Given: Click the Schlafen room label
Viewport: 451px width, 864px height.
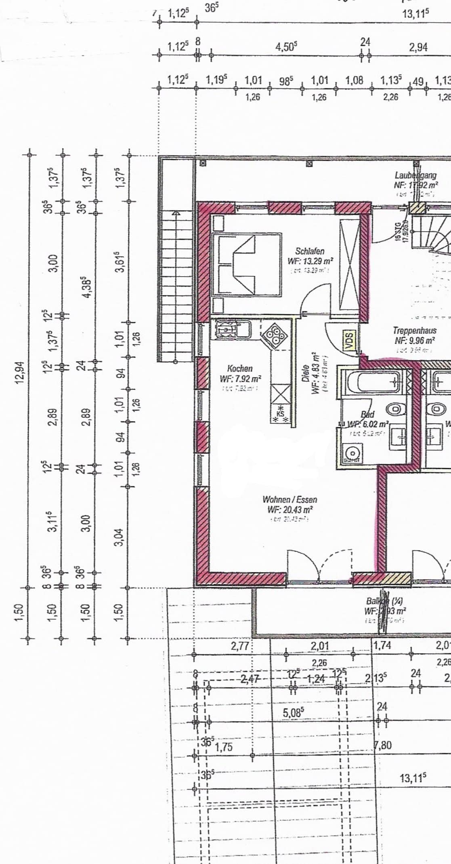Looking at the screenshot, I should (x=309, y=251).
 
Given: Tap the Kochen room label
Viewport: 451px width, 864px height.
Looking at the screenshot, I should (x=240, y=369).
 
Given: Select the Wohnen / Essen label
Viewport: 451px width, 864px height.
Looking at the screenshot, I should (x=289, y=499).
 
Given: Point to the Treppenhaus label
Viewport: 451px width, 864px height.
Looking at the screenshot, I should (x=414, y=331).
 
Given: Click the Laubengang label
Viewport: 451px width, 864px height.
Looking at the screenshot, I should (x=415, y=175).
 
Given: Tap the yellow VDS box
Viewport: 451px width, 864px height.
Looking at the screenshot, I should (x=348, y=339).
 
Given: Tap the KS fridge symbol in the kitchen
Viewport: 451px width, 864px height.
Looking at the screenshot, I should (x=281, y=414).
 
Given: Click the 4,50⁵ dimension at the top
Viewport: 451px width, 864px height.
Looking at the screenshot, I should (x=286, y=47).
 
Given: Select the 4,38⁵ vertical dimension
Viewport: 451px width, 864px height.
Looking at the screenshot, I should (x=86, y=287).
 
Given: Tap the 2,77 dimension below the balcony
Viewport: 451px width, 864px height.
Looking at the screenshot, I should (x=240, y=646).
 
